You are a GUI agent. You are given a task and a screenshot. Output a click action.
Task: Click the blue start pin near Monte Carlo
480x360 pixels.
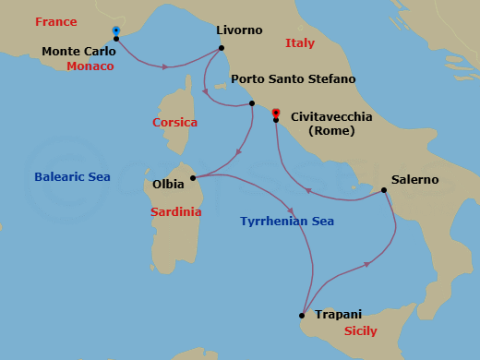pos(115,30)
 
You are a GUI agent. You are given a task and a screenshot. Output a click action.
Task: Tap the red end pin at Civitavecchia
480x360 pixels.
pos(276,113)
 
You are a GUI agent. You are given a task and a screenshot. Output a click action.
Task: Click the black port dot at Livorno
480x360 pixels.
pos(222,47)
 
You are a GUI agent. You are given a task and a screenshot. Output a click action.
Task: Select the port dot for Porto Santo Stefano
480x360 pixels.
pos(252,103)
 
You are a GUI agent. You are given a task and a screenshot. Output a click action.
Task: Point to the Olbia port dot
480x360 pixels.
pos(193,178)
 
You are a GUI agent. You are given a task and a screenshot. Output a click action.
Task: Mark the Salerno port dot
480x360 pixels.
pos(384,190)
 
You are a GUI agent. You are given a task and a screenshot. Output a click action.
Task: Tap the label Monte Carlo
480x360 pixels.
pos(79,51)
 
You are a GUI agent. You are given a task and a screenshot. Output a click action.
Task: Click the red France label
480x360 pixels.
pos(56,21)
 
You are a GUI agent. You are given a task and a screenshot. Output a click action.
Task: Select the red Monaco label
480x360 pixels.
pos(90,66)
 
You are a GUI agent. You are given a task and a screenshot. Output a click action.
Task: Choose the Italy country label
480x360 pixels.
pos(300,43)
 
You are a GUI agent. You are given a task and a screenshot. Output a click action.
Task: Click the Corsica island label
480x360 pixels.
pos(175,122)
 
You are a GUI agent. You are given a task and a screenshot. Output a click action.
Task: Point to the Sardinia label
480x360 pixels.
pos(175,212)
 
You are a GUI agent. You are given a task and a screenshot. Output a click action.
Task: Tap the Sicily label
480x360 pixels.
pos(359,330)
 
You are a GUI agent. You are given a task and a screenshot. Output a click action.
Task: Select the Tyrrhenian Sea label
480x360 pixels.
pos(287,222)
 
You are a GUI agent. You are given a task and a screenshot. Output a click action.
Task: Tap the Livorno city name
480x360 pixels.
pos(239,30)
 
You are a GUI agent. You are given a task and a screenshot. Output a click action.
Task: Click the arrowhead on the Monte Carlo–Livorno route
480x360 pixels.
pos(166,66)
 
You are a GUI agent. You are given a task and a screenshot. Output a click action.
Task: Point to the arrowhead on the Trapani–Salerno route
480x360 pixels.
pos(368,265)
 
